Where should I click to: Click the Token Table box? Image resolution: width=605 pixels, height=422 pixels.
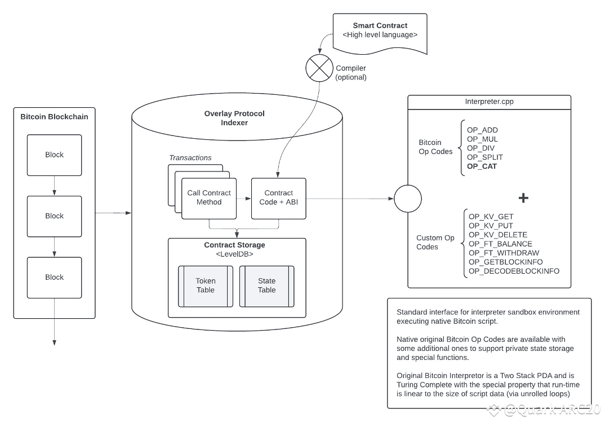[x=205, y=286]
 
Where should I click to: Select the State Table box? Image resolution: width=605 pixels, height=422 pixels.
[x=266, y=286]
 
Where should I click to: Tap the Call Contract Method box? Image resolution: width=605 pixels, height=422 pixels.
[x=209, y=198]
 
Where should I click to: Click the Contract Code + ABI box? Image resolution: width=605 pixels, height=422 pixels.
[x=279, y=198]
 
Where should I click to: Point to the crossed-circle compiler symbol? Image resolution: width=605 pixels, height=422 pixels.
[x=319, y=68]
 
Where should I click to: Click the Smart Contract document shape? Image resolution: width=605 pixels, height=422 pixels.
[x=380, y=33]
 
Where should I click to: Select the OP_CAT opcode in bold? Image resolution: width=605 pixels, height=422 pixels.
[x=482, y=166]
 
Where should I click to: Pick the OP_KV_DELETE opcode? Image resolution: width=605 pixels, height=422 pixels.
[x=498, y=235]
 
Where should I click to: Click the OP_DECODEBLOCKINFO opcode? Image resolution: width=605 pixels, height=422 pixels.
[x=514, y=271]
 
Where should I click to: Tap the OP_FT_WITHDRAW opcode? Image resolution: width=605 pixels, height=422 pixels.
[x=504, y=253]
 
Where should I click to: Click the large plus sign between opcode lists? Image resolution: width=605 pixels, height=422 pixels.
[x=523, y=198]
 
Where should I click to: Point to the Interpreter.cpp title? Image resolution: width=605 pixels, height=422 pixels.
[x=490, y=101]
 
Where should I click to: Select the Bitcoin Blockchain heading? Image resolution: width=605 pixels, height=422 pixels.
[x=54, y=117]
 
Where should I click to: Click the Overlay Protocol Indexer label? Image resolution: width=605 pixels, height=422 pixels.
[x=234, y=118]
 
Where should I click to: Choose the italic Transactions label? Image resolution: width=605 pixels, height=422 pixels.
[x=190, y=157]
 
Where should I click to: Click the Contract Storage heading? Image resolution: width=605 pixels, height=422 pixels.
[x=234, y=245]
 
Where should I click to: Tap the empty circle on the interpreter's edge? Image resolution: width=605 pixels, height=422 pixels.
[x=408, y=199]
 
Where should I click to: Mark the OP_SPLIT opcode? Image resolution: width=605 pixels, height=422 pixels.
[x=484, y=157]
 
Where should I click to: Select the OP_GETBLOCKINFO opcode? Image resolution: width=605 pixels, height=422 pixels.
[x=505, y=262]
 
